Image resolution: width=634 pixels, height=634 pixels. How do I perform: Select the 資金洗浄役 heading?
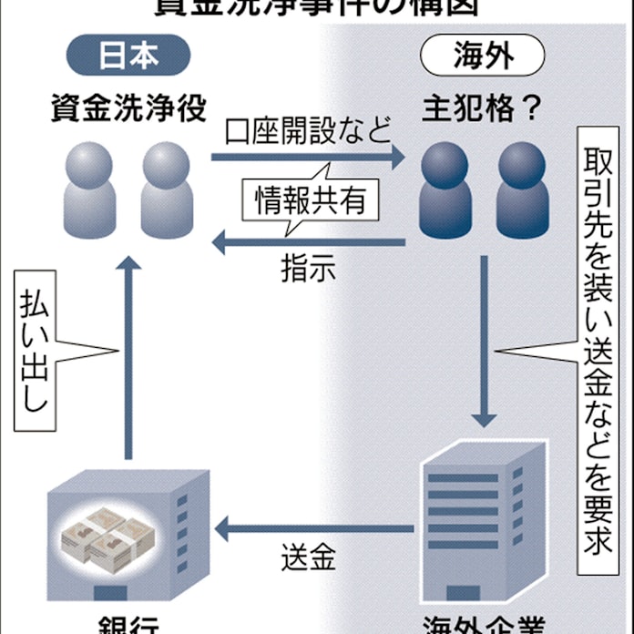(x=127, y=112)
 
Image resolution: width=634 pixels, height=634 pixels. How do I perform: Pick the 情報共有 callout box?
(x=303, y=199)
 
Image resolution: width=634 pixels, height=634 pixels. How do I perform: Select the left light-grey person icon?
(x=89, y=187)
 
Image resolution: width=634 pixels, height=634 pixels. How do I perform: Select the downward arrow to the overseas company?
(x=482, y=346)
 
